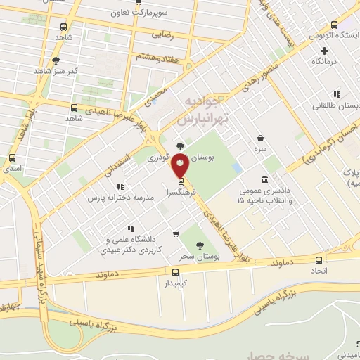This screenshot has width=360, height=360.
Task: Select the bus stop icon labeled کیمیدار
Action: pyautogui.click(x=176, y=272)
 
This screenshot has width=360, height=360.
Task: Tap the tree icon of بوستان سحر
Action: pyautogui.click(x=201, y=246)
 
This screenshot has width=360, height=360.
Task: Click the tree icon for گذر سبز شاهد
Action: pyautogui.click(x=56, y=60)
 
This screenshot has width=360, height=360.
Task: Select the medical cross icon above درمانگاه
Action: pyautogui.click(x=324, y=51)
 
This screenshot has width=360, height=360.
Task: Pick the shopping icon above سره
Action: pyautogui.click(x=261, y=139)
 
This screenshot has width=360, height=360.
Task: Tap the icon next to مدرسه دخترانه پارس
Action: pyautogui.click(x=120, y=186)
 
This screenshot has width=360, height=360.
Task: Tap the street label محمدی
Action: pyautogui.click(x=158, y=96)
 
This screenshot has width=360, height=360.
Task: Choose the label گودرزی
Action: pyautogui.click(x=161, y=158)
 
